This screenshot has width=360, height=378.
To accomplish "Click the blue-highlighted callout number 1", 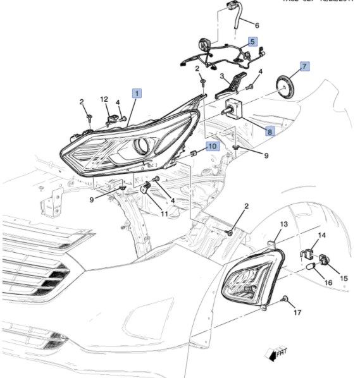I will pos(137,93).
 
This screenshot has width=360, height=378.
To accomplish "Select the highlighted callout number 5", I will pos(252,42).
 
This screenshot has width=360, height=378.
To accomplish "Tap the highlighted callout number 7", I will pos(304,66).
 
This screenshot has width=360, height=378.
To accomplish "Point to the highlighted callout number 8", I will pos(269,131).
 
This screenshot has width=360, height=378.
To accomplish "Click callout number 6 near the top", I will pos(257,26).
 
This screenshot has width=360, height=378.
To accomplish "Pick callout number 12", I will pos(104,99).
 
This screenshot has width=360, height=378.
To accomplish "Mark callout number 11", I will pos(164,214).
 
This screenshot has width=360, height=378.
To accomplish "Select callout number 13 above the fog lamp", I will pos(283,224).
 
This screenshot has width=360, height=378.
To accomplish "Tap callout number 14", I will pos(321,235).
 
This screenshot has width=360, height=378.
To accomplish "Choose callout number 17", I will pos(298,312).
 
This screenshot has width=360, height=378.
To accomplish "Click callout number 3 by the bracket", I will pos(222,76).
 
